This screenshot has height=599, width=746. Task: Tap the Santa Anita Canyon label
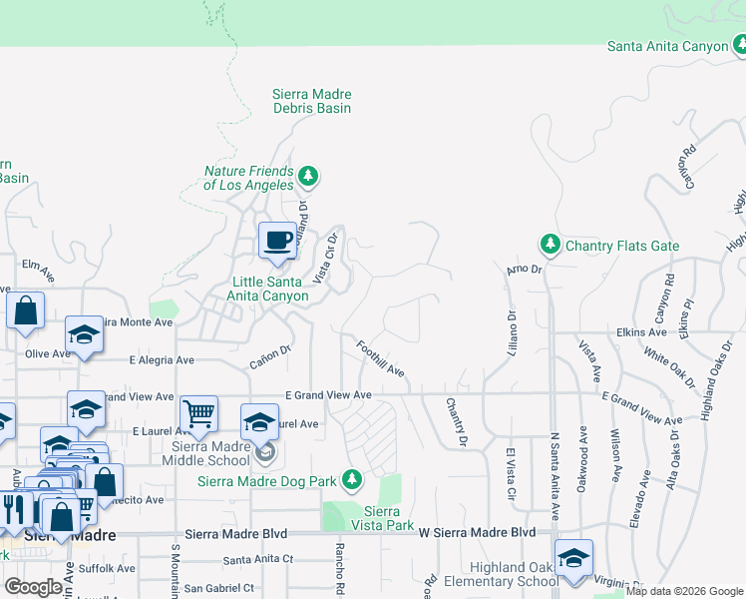[668, 47]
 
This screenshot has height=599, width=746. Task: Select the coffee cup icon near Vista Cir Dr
[277, 241]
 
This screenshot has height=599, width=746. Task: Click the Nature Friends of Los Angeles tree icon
[309, 177]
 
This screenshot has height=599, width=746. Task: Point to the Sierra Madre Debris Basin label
[311, 101]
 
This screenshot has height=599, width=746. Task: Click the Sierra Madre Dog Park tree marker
[351, 480]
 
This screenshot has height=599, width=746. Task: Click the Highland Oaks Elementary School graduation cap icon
[573, 557]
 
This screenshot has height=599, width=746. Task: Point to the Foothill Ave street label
[380, 358]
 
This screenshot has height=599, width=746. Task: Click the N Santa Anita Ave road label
[555, 476]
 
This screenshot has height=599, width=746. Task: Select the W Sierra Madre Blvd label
[477, 533]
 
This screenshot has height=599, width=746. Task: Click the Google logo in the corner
[33, 587]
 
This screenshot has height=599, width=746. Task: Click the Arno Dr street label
[523, 270]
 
